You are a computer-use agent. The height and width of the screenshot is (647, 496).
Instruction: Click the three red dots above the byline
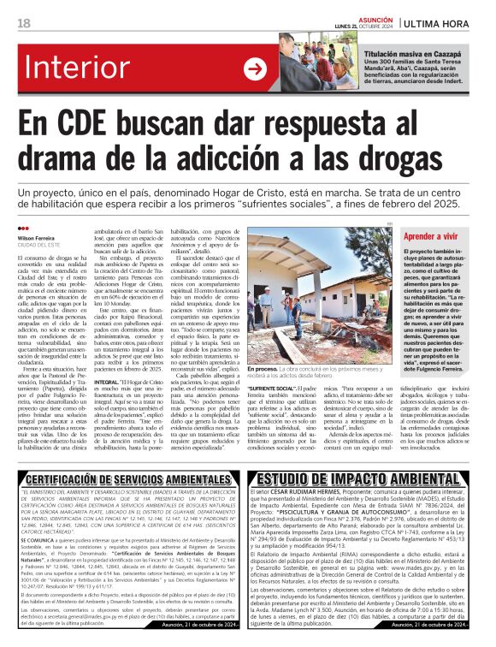[22, 229]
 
